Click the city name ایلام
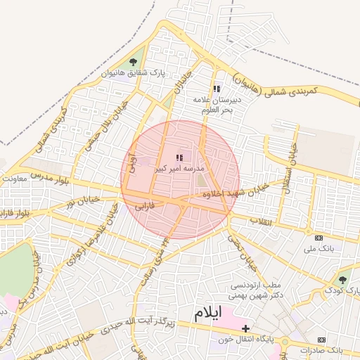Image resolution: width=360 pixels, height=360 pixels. coord(209,311)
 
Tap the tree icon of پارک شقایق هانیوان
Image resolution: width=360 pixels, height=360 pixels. coord(133,62)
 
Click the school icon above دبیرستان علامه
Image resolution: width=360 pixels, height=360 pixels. coord(217,89)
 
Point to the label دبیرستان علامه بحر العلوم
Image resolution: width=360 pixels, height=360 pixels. coord(218,105)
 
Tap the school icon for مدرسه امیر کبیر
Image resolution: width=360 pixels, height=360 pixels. coord(179,158)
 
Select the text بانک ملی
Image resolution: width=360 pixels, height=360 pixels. coord(319,249)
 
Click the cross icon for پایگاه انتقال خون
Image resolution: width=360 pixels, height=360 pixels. coord(245,328)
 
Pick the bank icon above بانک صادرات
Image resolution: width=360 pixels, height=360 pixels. coord(323,340)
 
